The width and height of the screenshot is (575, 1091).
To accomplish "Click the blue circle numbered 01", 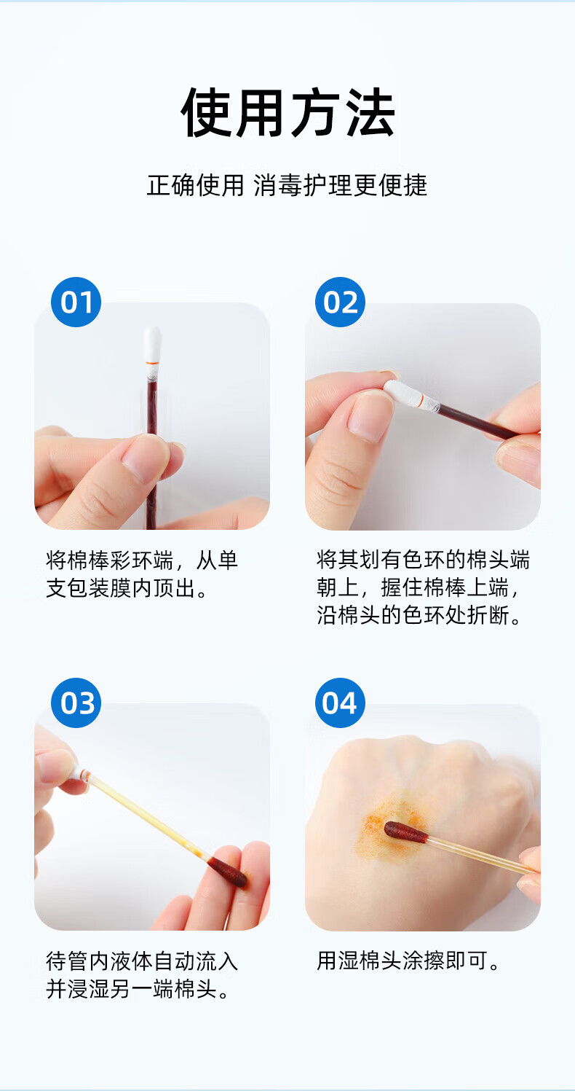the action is tap(76, 302).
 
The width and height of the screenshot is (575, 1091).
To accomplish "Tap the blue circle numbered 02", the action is tap(340, 302).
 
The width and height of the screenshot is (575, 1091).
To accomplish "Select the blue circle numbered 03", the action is tap(76, 703).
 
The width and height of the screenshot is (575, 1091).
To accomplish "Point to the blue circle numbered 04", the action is tap(340, 703).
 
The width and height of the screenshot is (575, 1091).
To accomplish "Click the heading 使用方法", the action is tap(287, 112).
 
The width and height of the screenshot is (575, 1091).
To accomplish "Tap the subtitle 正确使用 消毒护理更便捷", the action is tap(287, 186).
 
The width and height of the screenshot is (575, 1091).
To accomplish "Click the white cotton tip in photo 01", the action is tap(152, 345).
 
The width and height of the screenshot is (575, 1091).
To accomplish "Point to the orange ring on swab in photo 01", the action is tap(153, 364).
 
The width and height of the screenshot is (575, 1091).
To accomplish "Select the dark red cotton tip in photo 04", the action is tap(405, 832).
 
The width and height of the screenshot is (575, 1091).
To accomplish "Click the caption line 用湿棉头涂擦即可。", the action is tap(408, 961).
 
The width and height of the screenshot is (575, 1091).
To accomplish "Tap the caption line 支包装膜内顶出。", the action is tap(127, 588).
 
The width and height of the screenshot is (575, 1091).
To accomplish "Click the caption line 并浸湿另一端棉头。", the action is tap(138, 989).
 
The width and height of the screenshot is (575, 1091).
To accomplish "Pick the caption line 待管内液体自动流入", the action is tap(142, 961).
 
